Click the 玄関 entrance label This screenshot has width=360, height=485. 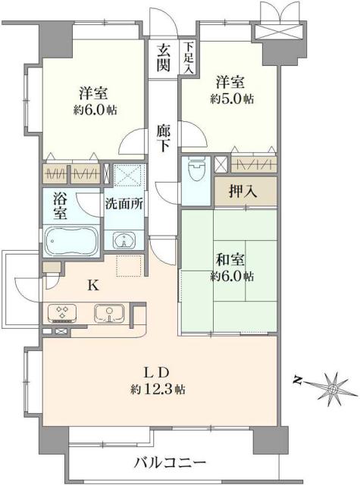163,57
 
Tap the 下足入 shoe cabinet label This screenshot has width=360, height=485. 187,57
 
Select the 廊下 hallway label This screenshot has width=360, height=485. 164,138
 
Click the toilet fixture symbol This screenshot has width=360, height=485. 195,169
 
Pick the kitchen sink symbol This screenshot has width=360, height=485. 108,312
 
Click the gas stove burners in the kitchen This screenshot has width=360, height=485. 63,312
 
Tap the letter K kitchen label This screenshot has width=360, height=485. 92,286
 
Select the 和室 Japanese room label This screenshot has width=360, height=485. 227,258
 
